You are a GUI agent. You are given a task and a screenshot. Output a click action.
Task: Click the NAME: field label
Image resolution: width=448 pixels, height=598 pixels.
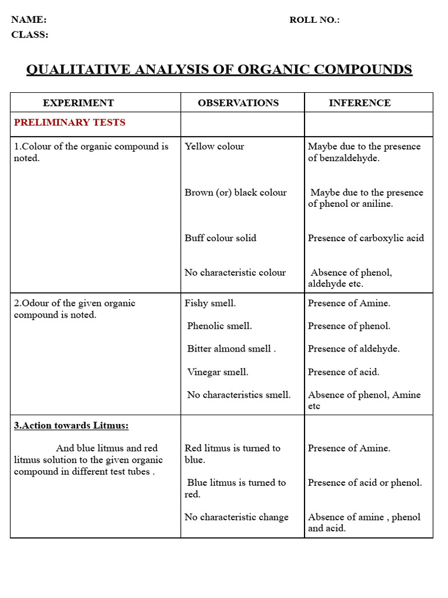(29, 20)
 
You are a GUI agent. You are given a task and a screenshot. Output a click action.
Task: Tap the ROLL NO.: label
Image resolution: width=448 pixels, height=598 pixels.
(314, 20)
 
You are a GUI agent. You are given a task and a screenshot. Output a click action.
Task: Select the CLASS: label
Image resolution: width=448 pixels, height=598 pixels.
(30, 35)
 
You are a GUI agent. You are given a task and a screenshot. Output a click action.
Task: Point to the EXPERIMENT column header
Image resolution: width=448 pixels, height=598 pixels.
(78, 103)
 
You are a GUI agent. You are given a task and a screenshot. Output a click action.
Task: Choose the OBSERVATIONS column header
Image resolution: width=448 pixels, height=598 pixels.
(238, 103)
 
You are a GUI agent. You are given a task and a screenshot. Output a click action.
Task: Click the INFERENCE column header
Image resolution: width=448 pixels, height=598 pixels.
(359, 103)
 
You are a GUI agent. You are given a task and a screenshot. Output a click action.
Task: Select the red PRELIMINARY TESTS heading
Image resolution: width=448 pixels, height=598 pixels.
(69, 123)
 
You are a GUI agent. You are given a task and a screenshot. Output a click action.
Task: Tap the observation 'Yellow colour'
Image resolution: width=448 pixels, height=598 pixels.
(214, 147)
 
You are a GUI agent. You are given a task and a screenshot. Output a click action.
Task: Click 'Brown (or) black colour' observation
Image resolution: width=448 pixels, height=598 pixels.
(235, 193)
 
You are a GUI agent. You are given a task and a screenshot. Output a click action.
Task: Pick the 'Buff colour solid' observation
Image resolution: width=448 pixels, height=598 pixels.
(220, 238)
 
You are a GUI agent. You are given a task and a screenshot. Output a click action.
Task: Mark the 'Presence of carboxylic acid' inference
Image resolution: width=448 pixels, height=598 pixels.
(366, 238)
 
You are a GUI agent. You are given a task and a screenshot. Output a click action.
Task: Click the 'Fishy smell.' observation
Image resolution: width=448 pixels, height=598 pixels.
(210, 303)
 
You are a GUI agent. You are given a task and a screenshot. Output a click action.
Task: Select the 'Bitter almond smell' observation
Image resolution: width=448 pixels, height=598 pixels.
(231, 349)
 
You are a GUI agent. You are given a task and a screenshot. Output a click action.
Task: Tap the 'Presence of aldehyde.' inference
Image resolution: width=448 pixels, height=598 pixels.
(353, 349)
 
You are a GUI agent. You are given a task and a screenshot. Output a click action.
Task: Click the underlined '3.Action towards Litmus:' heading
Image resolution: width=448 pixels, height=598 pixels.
(71, 426)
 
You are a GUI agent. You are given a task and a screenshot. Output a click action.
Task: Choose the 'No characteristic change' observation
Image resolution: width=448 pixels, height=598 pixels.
(236, 517)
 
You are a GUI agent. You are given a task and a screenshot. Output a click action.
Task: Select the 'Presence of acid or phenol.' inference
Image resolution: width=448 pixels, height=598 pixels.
(365, 483)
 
